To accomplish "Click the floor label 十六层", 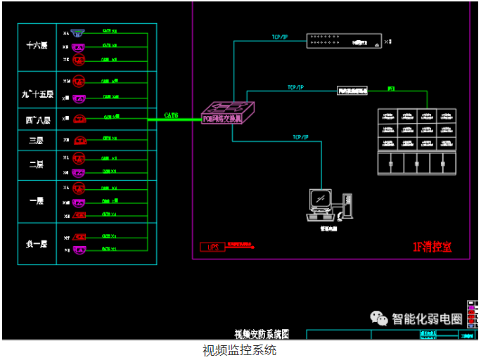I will pyautogui.click(x=36, y=46).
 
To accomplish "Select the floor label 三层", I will pyautogui.click(x=36, y=140).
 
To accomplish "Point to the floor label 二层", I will pyautogui.click(x=36, y=164).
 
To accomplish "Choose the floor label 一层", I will pyautogui.click(x=36, y=200).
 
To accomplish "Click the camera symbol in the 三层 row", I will pyautogui.click(x=79, y=140).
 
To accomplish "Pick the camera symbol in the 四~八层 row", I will pyautogui.click(x=79, y=118).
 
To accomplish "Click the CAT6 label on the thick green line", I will pyautogui.click(x=171, y=115).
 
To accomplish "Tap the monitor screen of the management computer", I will pyautogui.click(x=321, y=200).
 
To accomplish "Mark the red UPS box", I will pyautogui.click(x=212, y=247).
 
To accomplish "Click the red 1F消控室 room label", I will pyautogui.click(x=432, y=247).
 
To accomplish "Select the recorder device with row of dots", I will pyautogui.click(x=342, y=41).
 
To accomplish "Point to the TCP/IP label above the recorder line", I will pyautogui.click(x=280, y=37).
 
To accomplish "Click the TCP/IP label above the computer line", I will pyautogui.click(x=301, y=137).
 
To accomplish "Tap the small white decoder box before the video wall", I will pyautogui.click(x=353, y=91).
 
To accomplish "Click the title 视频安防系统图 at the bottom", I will pyautogui.click(x=262, y=334).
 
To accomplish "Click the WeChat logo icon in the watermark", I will pyautogui.click(x=380, y=319).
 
